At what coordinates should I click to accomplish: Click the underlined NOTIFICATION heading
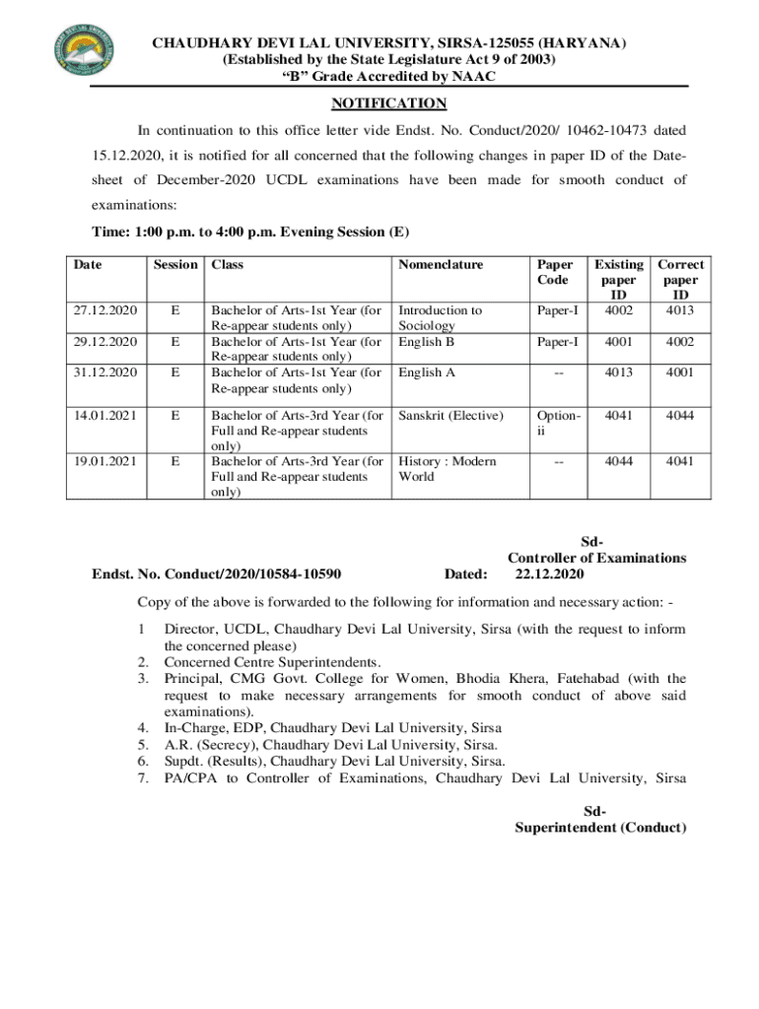(x=388, y=103)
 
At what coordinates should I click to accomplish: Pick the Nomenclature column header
(x=440, y=264)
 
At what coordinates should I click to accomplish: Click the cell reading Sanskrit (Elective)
(x=450, y=415)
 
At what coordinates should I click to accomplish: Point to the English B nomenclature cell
(x=426, y=341)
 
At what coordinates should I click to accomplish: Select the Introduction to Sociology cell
(x=440, y=317)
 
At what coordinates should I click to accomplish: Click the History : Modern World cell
(x=447, y=468)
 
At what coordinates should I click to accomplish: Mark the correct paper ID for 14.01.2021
(x=679, y=415)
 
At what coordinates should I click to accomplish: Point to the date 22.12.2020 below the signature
(x=549, y=574)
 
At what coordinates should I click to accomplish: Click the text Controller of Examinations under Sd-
(x=596, y=558)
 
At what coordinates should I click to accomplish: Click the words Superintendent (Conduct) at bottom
(x=600, y=828)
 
